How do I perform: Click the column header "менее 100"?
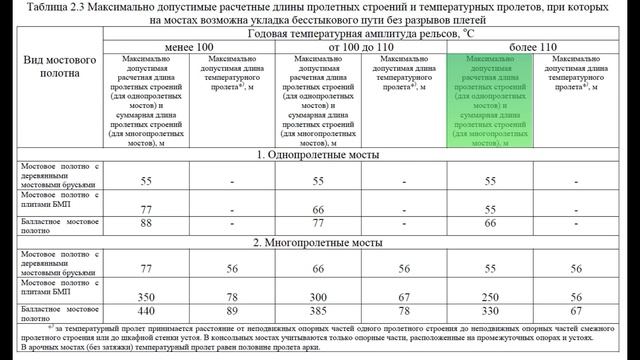[x=191, y=46]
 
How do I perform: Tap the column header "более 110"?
[x=525, y=46]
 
